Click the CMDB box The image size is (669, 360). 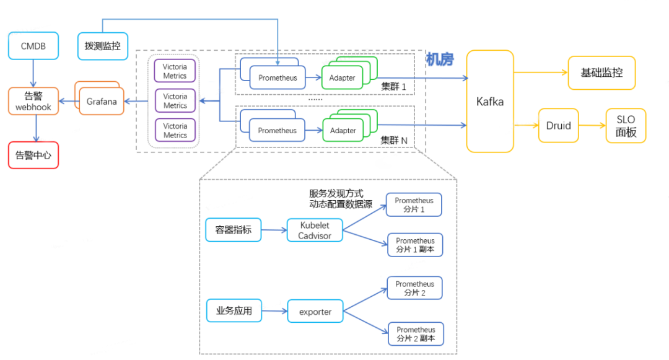coord(33,46)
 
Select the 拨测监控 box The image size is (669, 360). coord(103,46)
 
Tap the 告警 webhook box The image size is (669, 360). coord(33,101)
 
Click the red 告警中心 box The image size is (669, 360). coord(33,155)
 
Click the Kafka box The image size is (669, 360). coord(489,102)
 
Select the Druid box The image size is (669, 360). coord(558,125)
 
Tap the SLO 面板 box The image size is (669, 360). coord(626,126)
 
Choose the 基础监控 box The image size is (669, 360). coord(601,72)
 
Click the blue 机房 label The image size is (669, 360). coord(440,59)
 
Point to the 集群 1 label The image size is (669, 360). coord(393,87)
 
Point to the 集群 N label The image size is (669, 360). coord(393,141)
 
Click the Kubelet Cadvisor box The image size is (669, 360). coord(315,230)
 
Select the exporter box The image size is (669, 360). coord(315,311)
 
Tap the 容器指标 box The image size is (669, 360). coord(234,230)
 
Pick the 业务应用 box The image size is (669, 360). coord(234,311)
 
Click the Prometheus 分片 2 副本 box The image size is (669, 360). coord(416,334)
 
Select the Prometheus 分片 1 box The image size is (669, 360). coord(414,204)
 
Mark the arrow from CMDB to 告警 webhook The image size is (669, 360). coord(33,73)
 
